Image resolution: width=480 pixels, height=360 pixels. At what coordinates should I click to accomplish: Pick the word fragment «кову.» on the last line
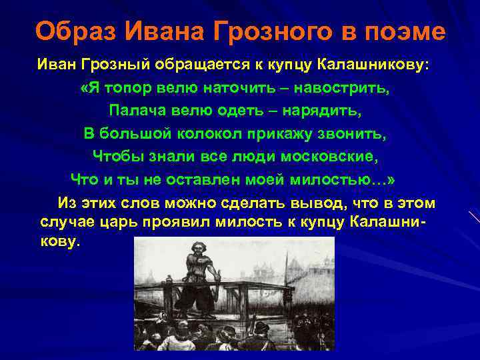pyautogui.click(x=59, y=241)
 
